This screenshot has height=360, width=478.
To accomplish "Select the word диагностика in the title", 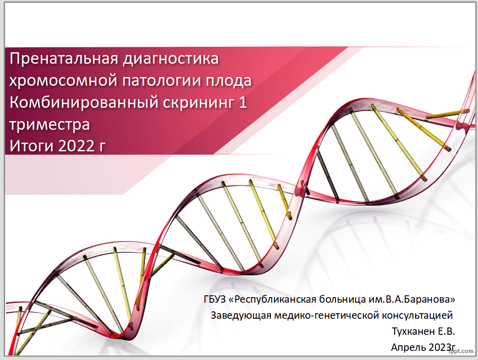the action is click(x=170, y=59).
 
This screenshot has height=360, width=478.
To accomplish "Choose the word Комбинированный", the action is click(x=83, y=103).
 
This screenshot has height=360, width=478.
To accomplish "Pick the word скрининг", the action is click(x=198, y=103).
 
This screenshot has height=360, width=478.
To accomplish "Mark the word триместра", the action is click(x=49, y=125).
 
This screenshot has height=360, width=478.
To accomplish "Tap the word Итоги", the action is click(x=31, y=146).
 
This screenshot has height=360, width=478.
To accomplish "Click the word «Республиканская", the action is click(x=272, y=299).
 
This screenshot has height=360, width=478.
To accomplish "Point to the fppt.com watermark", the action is click(x=462, y=351).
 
